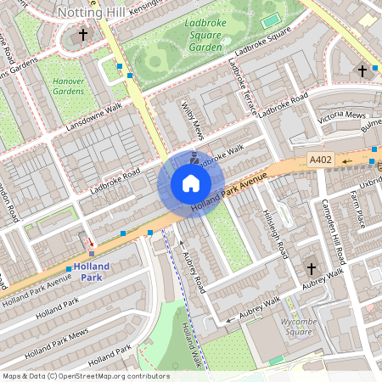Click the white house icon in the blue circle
click(x=191, y=183)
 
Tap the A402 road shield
click(x=320, y=160)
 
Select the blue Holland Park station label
click(x=92, y=271)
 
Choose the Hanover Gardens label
click(x=69, y=86)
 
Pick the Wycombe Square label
click(x=304, y=327)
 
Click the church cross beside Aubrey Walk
click(x=312, y=269)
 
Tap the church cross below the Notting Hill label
click(x=82, y=35)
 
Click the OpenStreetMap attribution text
click(x=85, y=376)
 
